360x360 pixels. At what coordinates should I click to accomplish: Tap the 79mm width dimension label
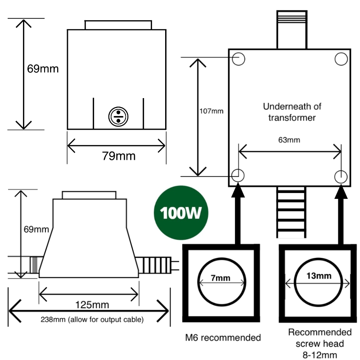[118, 156]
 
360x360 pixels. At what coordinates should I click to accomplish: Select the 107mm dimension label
[211, 110]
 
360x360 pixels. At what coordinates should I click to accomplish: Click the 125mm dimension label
[92, 305]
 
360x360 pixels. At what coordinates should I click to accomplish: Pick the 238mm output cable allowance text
[92, 320]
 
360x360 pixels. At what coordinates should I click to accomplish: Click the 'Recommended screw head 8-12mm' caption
[319, 343]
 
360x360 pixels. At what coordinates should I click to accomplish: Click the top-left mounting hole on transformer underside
[239, 58]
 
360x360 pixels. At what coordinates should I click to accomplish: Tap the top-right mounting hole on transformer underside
[341, 58]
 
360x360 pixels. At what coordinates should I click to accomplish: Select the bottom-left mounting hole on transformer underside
[238, 175]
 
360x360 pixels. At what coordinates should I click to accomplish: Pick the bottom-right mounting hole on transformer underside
[341, 175]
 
